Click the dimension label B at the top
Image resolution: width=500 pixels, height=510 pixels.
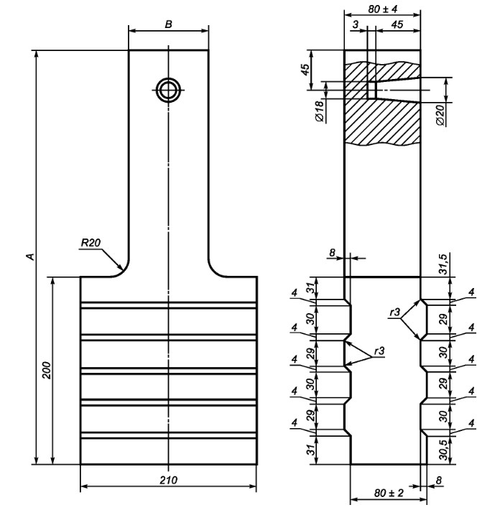(x=168, y=24)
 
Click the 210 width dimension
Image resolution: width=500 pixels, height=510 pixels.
(x=167, y=479)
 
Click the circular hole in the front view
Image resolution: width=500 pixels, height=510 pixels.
(x=169, y=90)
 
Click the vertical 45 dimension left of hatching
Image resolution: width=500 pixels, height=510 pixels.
(x=305, y=70)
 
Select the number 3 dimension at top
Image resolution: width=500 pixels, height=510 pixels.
(x=356, y=24)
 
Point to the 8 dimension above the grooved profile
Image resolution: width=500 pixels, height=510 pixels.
(x=331, y=252)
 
